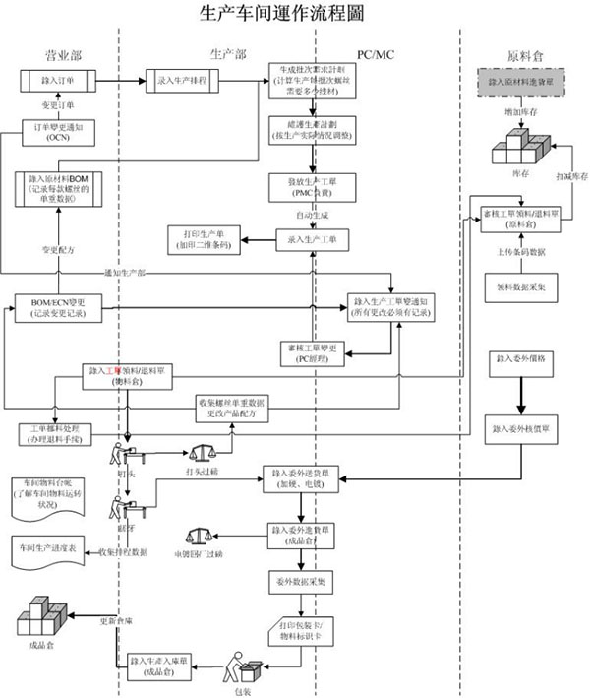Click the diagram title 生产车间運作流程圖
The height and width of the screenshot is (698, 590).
(x=294, y=13)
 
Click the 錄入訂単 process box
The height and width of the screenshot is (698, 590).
(x=61, y=78)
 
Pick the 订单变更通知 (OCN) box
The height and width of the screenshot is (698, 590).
(x=61, y=132)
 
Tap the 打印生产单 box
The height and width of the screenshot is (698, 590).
(x=203, y=239)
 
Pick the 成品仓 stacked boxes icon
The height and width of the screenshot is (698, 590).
(x=40, y=622)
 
